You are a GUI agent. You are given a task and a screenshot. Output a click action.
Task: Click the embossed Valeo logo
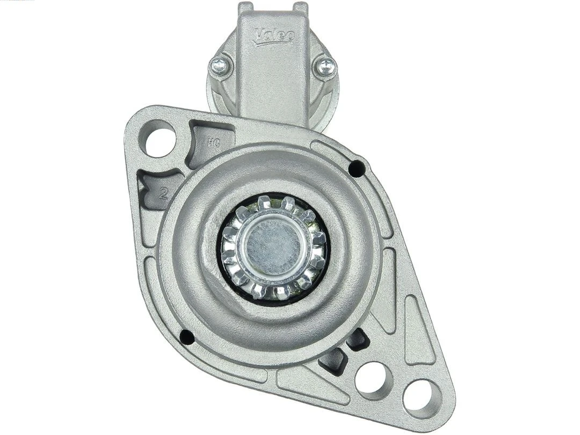(274, 35)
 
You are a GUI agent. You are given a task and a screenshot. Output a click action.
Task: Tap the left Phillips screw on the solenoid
(220, 66)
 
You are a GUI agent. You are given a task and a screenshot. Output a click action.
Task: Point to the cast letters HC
(212, 143)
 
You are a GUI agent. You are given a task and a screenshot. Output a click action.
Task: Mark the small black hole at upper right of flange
(356, 169)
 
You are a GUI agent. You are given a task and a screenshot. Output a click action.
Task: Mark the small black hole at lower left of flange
(186, 337)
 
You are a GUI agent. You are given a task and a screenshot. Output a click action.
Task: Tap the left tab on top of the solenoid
(246, 8)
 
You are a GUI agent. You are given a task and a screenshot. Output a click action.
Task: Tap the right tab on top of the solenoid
(300, 8)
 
